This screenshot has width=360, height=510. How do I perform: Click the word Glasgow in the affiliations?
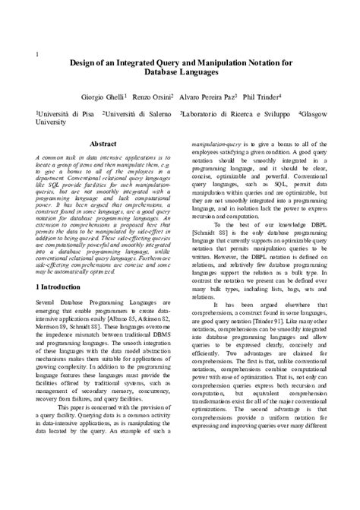click(314, 112)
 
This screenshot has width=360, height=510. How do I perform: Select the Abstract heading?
click(103, 143)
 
